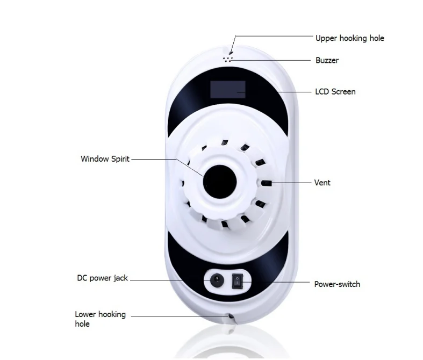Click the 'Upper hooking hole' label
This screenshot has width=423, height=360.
[x=349, y=38]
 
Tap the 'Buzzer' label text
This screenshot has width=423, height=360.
[x=327, y=60]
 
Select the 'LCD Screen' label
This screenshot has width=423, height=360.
[x=335, y=92]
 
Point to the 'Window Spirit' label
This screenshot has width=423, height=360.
[x=105, y=159]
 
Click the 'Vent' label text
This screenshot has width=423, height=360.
[x=322, y=183]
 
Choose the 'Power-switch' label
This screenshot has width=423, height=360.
[x=337, y=284]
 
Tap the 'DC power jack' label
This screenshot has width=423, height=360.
[x=102, y=278]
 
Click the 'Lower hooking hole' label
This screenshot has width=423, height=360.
[x=101, y=319]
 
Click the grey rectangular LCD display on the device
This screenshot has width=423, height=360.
[x=228, y=89]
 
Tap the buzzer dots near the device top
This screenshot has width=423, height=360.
[x=227, y=59]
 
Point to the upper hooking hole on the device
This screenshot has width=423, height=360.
[x=231, y=52]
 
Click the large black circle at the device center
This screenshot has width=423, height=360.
[x=220, y=182]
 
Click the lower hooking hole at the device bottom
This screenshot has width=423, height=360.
[x=231, y=316]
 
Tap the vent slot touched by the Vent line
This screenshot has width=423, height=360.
[x=266, y=183]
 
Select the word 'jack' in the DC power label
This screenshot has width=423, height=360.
[x=120, y=278]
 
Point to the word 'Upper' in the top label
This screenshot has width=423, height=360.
[x=326, y=38]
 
